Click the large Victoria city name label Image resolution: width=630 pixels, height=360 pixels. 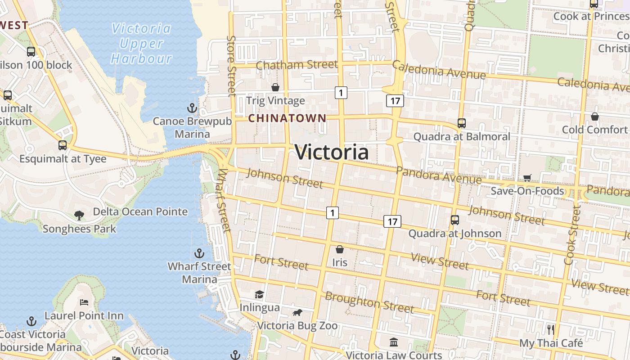[x=332, y=152]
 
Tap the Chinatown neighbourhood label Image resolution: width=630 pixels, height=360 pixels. [x=287, y=118]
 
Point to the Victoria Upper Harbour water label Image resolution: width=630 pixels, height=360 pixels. [x=141, y=44]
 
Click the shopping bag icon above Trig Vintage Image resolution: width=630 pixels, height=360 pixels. [x=275, y=87]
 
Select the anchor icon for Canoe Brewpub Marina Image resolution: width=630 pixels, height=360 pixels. [x=192, y=108]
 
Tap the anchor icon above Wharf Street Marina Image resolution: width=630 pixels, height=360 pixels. [x=199, y=253]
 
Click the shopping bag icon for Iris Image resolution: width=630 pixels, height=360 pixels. [x=340, y=249]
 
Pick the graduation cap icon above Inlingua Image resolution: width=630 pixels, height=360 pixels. [x=259, y=295]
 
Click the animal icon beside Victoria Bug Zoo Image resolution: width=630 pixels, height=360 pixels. [x=297, y=312]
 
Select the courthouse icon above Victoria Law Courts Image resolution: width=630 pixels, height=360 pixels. [x=394, y=342]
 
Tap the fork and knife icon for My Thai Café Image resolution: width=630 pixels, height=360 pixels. [x=550, y=329]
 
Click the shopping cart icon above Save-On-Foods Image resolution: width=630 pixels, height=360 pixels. [x=527, y=178]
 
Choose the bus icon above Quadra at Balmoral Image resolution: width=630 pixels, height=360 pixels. [x=461, y=123]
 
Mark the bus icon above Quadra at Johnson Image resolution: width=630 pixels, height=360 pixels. [x=454, y=220]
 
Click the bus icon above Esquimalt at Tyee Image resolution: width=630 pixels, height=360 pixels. [x=63, y=145]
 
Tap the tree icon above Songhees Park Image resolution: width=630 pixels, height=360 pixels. [x=79, y=216]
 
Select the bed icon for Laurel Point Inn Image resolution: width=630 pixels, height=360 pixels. [x=84, y=302]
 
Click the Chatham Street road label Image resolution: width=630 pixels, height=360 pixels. [x=297, y=65]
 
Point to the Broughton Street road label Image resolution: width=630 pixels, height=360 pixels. [x=369, y=302]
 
